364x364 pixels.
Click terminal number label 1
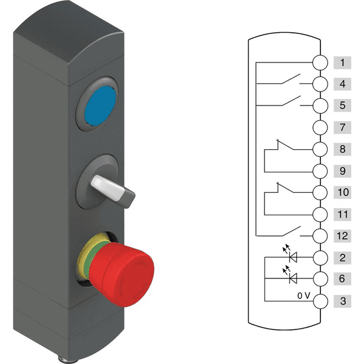click(342, 62)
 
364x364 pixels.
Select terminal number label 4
click(342, 84)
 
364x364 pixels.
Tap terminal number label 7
click(342, 127)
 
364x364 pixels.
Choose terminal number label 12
click(342, 236)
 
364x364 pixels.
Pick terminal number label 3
click(342, 301)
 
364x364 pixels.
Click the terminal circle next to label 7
click(320, 127)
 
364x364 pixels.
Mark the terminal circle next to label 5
click(320, 106)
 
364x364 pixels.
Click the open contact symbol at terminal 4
click(291, 80)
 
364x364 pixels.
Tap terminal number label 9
click(342, 171)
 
